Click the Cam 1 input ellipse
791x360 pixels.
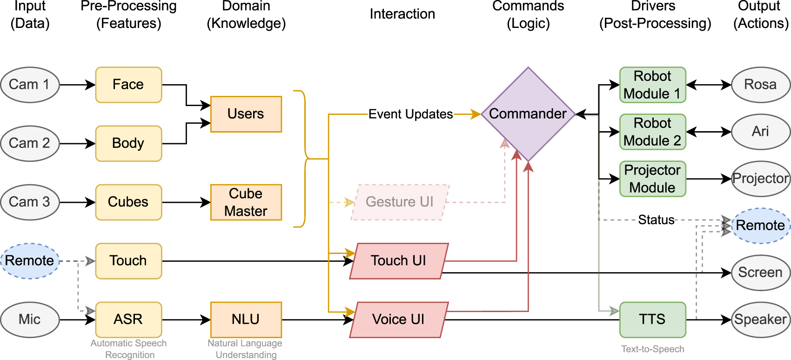pyautogui.click(x=30, y=85)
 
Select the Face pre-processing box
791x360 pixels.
pyautogui.click(x=128, y=85)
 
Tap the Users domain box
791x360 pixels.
pyautogui.click(x=246, y=114)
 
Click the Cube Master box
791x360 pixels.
pyautogui.click(x=246, y=202)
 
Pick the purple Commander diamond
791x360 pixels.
pyautogui.click(x=528, y=114)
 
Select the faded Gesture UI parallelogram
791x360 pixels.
pyautogui.click(x=399, y=202)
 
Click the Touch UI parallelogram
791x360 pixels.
pyautogui.click(x=399, y=261)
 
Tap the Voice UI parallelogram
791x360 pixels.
pyautogui.click(x=399, y=320)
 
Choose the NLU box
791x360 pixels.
pyautogui.click(x=246, y=320)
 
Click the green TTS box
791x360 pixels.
pyautogui.click(x=652, y=320)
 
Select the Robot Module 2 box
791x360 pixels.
pyautogui.click(x=652, y=132)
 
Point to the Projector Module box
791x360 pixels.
pyautogui.click(x=652, y=179)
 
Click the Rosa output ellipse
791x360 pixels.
pyautogui.click(x=760, y=85)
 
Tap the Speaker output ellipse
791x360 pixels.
pyautogui.click(x=760, y=320)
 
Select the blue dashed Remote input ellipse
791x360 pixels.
pyautogui.click(x=30, y=261)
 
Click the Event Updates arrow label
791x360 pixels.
pyautogui.click(x=410, y=114)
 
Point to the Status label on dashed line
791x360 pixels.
pyautogui.click(x=656, y=220)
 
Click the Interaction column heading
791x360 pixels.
pyautogui.click(x=402, y=14)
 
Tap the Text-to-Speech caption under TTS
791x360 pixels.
pyautogui.click(x=652, y=349)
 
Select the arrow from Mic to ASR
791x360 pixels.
pyautogui.click(x=77, y=320)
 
